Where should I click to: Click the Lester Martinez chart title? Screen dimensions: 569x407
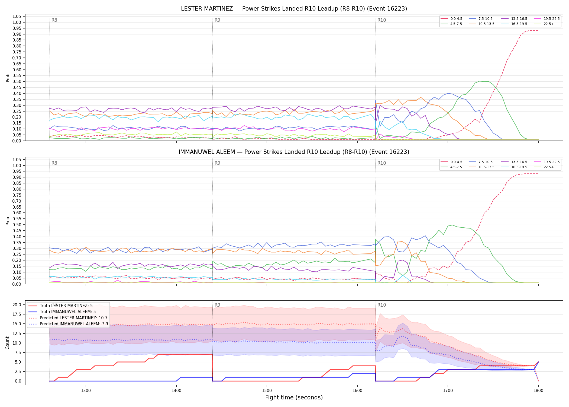click(x=294, y=9)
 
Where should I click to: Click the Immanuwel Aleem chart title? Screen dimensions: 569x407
click(x=294, y=152)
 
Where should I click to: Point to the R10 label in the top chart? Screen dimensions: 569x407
click(x=382, y=20)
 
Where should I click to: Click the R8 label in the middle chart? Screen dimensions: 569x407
click(x=54, y=163)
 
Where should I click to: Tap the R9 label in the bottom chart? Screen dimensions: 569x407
click(x=217, y=305)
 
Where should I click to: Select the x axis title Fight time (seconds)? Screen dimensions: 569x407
click(x=294, y=398)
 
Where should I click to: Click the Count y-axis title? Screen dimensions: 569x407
click(x=7, y=343)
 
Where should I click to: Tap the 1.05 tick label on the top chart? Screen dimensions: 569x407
click(x=17, y=17)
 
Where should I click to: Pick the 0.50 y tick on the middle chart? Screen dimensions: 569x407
click(x=17, y=225)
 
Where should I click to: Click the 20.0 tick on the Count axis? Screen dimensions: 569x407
click(x=17, y=305)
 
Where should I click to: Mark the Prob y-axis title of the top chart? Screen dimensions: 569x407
click(x=8, y=78)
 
